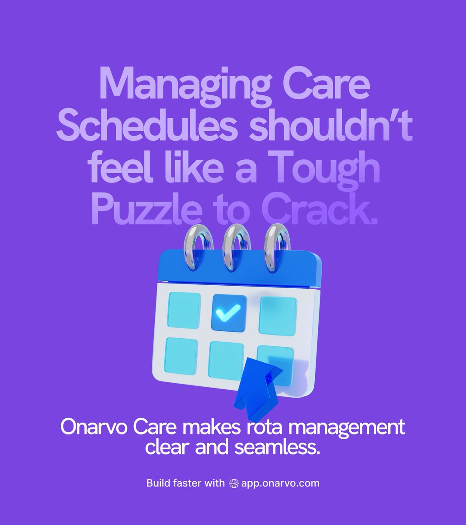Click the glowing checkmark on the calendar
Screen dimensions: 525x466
[x=229, y=313]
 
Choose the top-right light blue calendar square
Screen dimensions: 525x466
[x=278, y=315]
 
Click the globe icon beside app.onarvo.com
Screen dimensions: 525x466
[x=233, y=483]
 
